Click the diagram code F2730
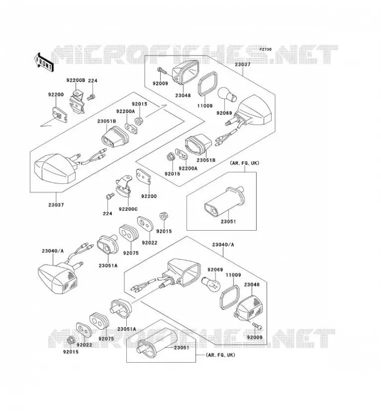[265, 49]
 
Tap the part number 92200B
[75, 80]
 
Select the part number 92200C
[128, 209]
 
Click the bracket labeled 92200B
[77, 102]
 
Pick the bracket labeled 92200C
[123, 187]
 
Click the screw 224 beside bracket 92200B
[91, 97]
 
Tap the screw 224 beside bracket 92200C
[110, 196]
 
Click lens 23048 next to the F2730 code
[185, 71]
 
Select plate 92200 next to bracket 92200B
[60, 114]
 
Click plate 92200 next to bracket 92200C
[143, 176]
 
